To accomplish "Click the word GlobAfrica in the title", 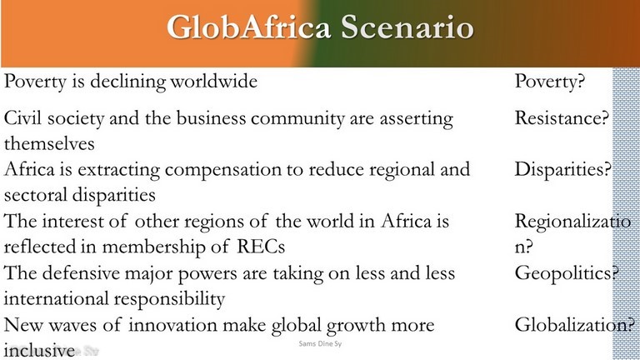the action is pos(248,27).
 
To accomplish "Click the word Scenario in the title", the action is pos(407,27).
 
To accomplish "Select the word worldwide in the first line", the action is pos(214,81).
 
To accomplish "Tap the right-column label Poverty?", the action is pos(550,82).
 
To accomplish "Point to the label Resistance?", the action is pos(562,118).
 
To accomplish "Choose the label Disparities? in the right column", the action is pos(562,170).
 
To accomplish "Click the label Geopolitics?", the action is pos(567,273).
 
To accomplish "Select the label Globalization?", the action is pos(575,325).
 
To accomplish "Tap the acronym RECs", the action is pos(261,247).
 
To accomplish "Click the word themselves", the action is pos(49,143).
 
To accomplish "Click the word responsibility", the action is pos(168,299).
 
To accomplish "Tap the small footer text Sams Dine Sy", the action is pos(320,343).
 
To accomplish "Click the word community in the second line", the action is pos(298,119).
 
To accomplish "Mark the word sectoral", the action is pos(35,195).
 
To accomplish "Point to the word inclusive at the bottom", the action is pos(40,351).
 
